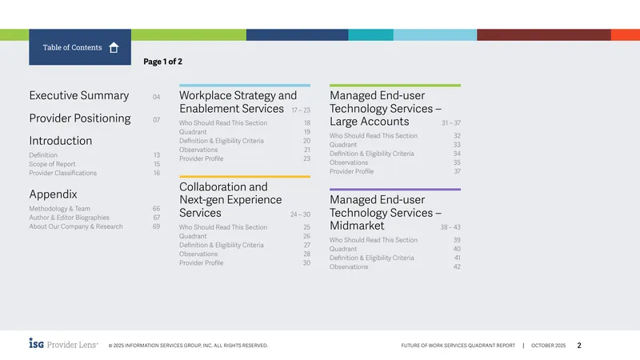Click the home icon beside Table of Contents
tap(114, 48)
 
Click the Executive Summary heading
tap(78, 95)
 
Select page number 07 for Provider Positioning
tap(156, 119)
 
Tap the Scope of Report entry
tap(52, 164)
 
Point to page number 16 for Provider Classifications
tap(157, 173)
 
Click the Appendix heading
tap(53, 194)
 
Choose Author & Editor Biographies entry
tap(69, 218)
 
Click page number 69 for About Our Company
tap(156, 226)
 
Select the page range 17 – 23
tap(301, 110)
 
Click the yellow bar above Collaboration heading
tap(245, 177)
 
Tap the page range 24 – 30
tap(301, 214)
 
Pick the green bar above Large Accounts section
tap(395, 86)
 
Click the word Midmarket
tap(357, 226)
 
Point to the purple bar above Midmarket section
tap(395, 190)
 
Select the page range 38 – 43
tap(450, 227)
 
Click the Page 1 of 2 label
tap(162, 62)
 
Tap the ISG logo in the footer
tap(36, 343)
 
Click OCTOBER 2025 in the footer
tap(548, 346)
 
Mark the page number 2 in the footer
tap(579, 346)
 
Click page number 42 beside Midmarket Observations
tap(457, 267)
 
